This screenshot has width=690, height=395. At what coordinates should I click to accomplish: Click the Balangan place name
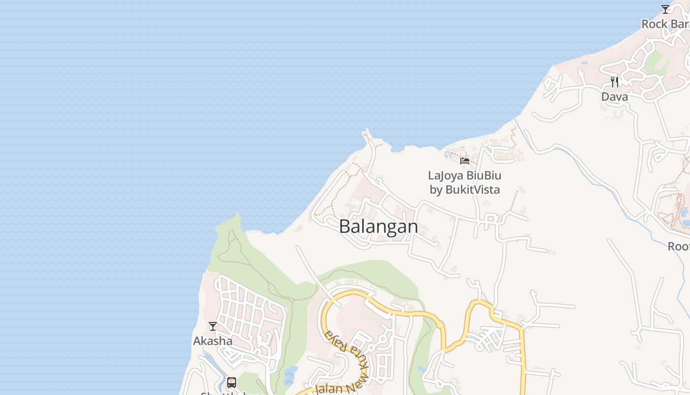pyautogui.click(x=379, y=227)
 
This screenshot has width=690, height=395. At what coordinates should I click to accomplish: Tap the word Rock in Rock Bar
pyautogui.click(x=655, y=24)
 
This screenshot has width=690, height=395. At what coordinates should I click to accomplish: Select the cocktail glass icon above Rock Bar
pyautogui.click(x=665, y=9)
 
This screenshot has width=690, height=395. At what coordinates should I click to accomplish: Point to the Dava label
pyautogui.click(x=615, y=97)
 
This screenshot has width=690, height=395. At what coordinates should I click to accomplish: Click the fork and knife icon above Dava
pyautogui.click(x=615, y=81)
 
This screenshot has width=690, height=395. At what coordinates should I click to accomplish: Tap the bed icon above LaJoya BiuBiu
pyautogui.click(x=465, y=160)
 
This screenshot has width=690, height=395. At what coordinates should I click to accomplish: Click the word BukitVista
pyautogui.click(x=472, y=190)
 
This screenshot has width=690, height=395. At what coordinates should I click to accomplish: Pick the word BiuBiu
pyautogui.click(x=484, y=176)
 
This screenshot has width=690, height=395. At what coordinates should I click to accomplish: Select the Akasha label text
pyautogui.click(x=212, y=341)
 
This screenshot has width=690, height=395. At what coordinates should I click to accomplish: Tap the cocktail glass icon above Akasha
pyautogui.click(x=213, y=326)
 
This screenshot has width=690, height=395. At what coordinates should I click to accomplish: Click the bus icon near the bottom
pyautogui.click(x=232, y=383)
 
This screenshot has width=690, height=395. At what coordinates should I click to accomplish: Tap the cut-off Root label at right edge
pyautogui.click(x=679, y=246)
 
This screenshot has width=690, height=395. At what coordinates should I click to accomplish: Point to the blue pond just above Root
pyautogui.click(x=685, y=214)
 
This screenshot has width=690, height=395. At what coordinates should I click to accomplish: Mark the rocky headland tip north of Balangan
pyautogui.click(x=366, y=132)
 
